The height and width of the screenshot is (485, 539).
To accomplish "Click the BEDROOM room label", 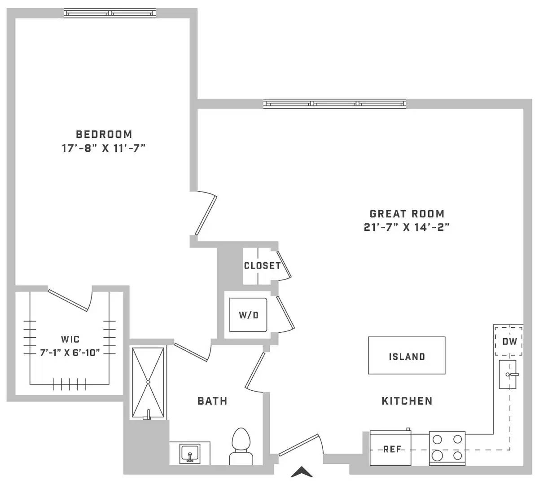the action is [104, 134].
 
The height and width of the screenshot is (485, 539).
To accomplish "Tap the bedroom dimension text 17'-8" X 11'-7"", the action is [104, 148].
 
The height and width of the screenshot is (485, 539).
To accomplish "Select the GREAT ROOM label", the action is [407, 214].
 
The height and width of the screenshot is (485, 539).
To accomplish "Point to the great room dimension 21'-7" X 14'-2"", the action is [407, 228].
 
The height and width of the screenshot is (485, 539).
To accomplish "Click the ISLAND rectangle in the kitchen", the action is [407, 355].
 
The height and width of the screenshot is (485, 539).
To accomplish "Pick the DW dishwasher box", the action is [509, 341].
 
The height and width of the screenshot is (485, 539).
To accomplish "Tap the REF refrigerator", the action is [390, 448].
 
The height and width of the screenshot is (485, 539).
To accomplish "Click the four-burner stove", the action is [447, 448].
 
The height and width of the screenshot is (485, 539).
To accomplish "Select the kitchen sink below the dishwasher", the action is [508, 374].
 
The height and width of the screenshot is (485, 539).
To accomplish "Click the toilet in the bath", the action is [241, 446].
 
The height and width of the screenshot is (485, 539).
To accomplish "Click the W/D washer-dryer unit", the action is [248, 315].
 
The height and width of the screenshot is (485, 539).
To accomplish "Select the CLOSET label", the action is [262, 266].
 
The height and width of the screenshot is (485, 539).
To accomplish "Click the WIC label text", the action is [70, 339].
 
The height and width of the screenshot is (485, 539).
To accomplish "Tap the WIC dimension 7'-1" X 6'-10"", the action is [70, 353].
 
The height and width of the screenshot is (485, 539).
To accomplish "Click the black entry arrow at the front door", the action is [302, 472].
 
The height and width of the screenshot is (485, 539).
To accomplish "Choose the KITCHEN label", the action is [407, 401].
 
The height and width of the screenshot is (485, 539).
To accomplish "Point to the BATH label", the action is [213, 401].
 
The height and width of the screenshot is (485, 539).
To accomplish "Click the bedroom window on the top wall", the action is [110, 13].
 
